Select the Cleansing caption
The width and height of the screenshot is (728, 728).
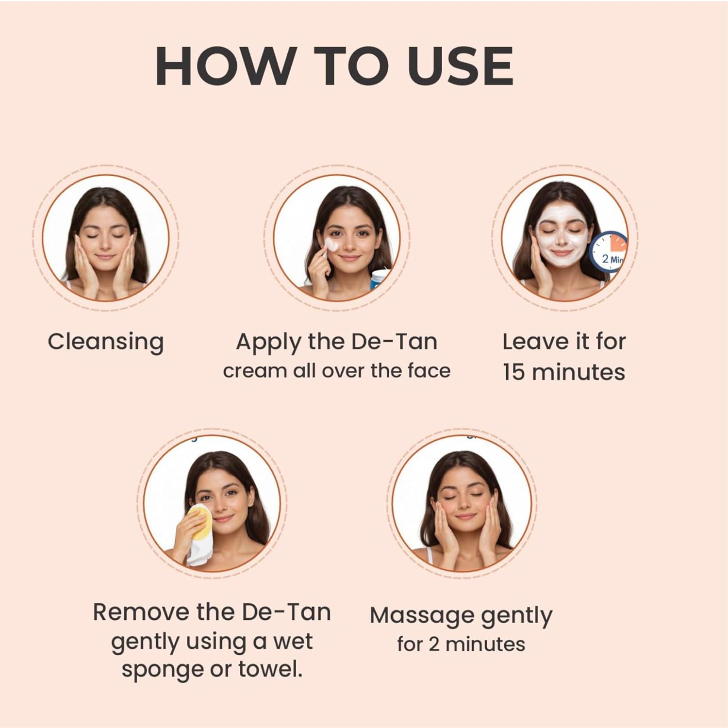pyautogui.click(x=105, y=342)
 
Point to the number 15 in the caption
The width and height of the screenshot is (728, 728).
pyautogui.click(x=514, y=372)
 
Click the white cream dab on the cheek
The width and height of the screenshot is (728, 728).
pyautogui.click(x=331, y=244)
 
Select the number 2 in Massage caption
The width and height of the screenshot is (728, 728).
pyautogui.click(x=434, y=645)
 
